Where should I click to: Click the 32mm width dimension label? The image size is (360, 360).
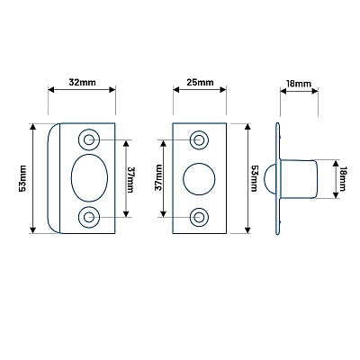pyautogui.click(x=82, y=82)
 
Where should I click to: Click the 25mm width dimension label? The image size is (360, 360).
pyautogui.click(x=200, y=82)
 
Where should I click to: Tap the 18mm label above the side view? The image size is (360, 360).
pyautogui.click(x=299, y=84)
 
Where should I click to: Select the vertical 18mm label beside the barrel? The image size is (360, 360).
pyautogui.click(x=343, y=179)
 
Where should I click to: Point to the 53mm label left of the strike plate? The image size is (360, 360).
pyautogui.click(x=23, y=178)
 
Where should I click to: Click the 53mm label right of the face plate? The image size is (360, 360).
pyautogui.click(x=254, y=178)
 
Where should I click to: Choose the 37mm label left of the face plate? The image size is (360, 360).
pyautogui.click(x=158, y=177)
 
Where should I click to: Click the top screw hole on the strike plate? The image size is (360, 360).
pyautogui.click(x=89, y=139)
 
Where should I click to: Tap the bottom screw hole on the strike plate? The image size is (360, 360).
pyautogui.click(x=89, y=217)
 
